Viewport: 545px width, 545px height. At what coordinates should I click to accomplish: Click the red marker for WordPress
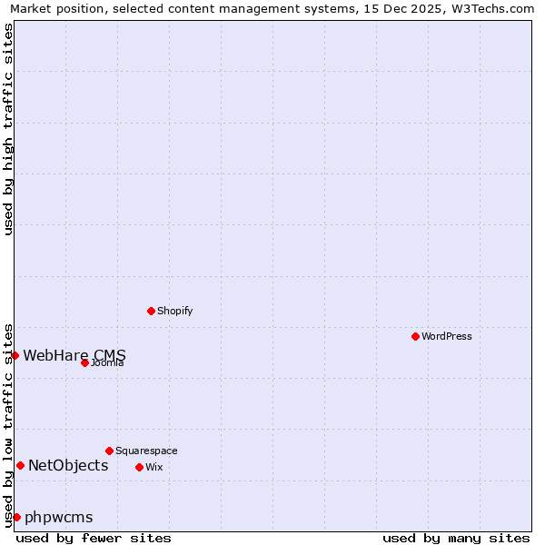[x=415, y=336]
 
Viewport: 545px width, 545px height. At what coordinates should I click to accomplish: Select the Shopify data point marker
[x=151, y=311]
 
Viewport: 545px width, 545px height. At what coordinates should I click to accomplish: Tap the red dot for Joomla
[x=84, y=362]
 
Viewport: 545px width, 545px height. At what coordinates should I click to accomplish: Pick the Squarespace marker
[x=109, y=451]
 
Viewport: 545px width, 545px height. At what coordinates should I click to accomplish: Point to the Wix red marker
[x=139, y=467]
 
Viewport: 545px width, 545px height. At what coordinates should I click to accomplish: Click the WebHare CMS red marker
[x=15, y=355]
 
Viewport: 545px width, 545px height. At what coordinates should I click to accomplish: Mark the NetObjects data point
[x=20, y=466]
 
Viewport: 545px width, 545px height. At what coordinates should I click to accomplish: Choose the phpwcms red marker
[x=16, y=517]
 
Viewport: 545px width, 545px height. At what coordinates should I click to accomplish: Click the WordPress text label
[x=447, y=336]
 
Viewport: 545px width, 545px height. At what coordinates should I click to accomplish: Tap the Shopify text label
[x=175, y=311]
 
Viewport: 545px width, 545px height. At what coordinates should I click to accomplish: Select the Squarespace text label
[x=146, y=451]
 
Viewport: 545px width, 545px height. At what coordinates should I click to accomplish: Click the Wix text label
[x=154, y=467]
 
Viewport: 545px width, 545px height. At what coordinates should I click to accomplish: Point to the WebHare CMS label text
[x=74, y=355]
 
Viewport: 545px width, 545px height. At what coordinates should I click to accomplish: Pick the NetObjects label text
[x=68, y=466]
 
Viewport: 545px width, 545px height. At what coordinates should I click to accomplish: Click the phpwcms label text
[x=59, y=518]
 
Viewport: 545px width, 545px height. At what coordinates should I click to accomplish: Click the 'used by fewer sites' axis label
[x=94, y=538]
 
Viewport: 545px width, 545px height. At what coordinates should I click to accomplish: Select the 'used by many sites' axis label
[x=456, y=538]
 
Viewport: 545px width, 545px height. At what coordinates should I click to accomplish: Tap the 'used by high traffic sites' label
[x=8, y=129]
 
